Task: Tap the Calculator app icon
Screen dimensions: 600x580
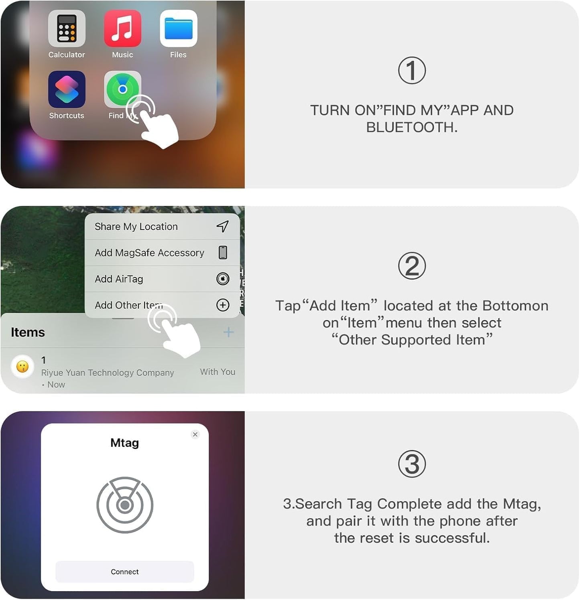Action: (x=67, y=28)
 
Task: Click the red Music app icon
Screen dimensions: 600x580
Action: (x=122, y=28)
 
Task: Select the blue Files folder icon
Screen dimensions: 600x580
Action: (x=178, y=28)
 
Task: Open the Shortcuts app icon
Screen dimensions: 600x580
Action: (x=67, y=89)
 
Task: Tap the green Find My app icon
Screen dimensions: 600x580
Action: (x=122, y=89)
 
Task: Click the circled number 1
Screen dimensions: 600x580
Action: (x=412, y=71)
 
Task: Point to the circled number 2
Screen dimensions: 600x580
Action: (x=412, y=266)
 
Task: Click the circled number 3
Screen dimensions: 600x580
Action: (x=412, y=464)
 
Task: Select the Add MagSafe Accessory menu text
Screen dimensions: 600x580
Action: (x=149, y=253)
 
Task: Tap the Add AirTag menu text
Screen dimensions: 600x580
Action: (x=119, y=279)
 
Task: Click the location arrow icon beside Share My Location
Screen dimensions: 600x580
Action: (x=223, y=227)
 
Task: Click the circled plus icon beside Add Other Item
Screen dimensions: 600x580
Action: (x=223, y=305)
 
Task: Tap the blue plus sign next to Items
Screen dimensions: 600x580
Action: (x=228, y=332)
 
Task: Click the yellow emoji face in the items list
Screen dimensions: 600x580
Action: (x=22, y=367)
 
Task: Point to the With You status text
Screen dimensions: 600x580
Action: (x=218, y=372)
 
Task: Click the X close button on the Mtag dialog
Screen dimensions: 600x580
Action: (x=195, y=434)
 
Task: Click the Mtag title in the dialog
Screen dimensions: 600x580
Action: (x=124, y=443)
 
